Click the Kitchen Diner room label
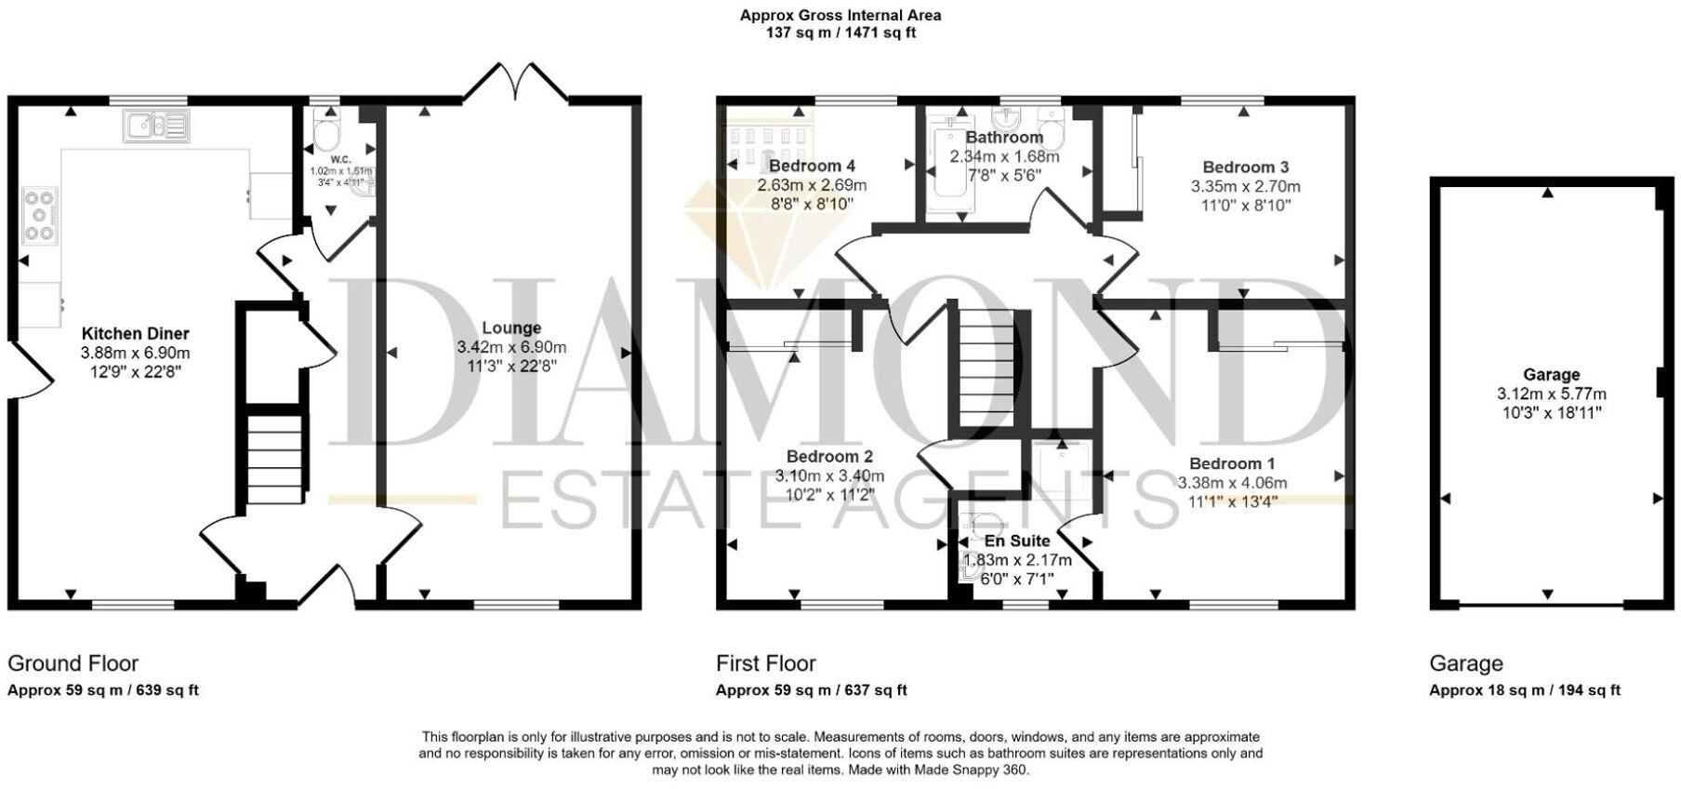coord(136,333)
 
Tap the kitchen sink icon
coord(155,126)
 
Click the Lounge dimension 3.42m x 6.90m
coord(511,347)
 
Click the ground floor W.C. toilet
coord(326,134)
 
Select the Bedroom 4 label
coord(812,166)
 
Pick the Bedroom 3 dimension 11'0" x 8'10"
coord(1246,206)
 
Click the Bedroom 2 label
coord(829,457)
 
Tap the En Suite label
coord(1017,541)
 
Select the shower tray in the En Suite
coord(1059,471)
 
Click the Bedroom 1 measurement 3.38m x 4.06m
coord(1232,483)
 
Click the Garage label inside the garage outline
coord(1551,374)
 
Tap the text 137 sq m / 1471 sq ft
coord(840,33)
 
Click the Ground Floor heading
coord(73,663)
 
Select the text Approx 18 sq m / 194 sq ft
coord(1524,690)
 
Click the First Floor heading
coord(765,663)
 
